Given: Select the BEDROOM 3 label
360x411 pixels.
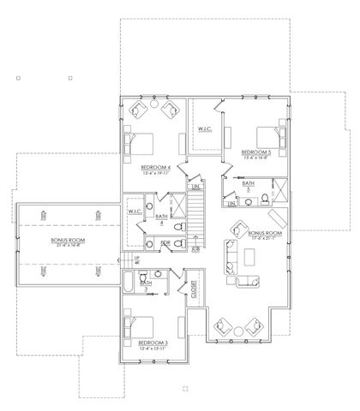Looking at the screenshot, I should click(x=152, y=347).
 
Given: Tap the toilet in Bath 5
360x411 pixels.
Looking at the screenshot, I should click(x=267, y=200).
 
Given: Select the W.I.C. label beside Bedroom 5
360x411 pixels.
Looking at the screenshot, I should click(x=204, y=129).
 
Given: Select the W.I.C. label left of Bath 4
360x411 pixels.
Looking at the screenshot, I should click(x=135, y=211).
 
